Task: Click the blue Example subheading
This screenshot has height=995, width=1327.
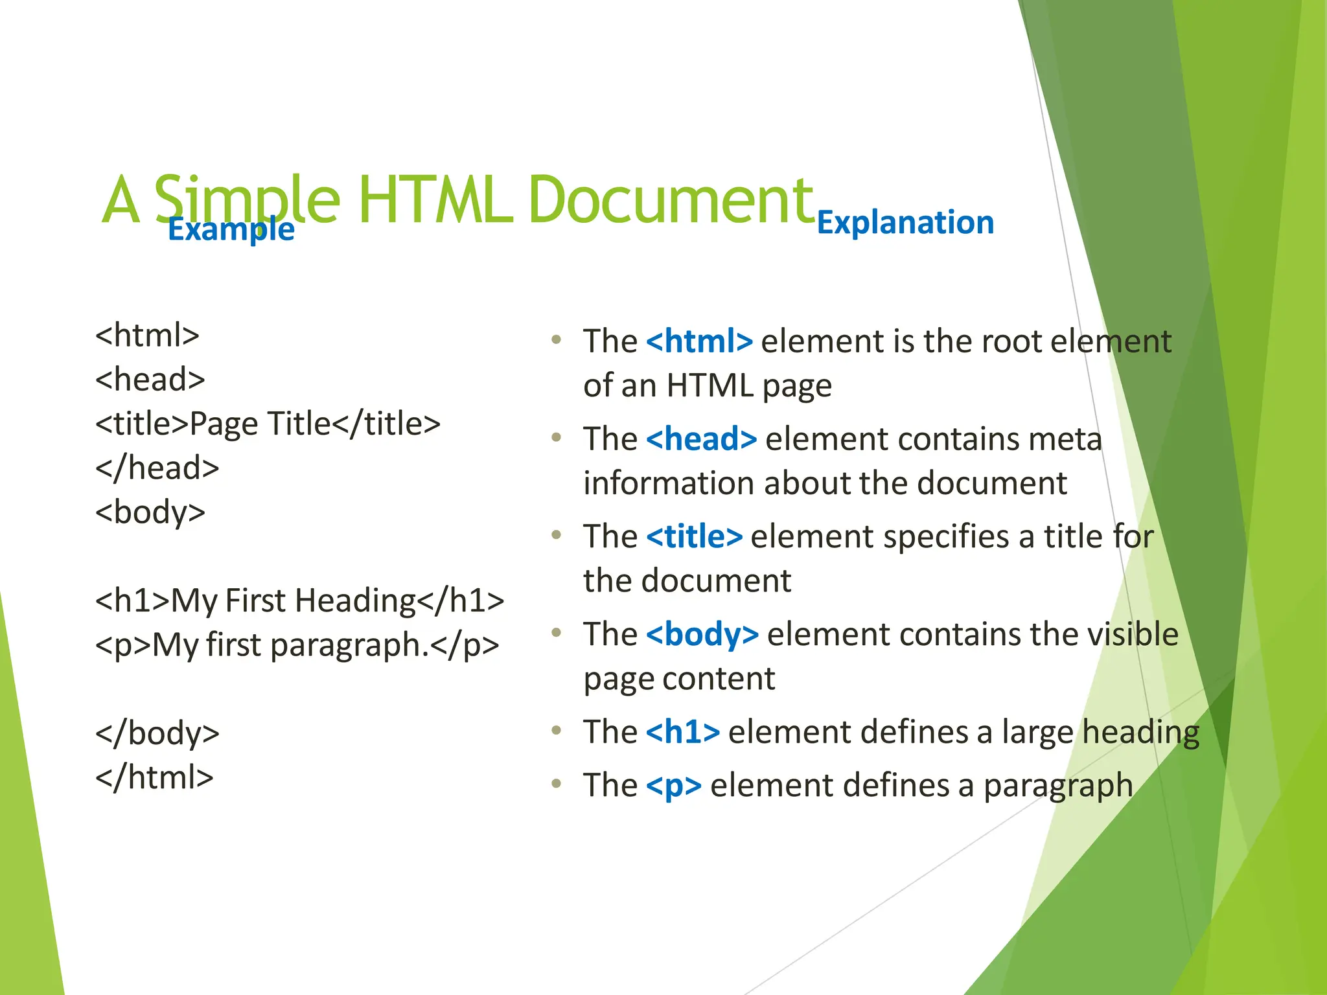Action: point(231,229)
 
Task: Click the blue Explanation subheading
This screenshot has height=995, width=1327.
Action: point(905,223)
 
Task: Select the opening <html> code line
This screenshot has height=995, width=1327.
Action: point(147,336)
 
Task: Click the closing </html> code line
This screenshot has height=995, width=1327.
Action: point(154,777)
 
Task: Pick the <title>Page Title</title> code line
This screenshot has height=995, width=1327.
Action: point(268,424)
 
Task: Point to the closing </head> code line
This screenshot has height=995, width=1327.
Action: point(157,468)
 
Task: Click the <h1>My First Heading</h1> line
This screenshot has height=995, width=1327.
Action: point(299,600)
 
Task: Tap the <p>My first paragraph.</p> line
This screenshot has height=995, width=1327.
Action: point(297,645)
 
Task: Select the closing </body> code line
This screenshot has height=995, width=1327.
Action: point(157,733)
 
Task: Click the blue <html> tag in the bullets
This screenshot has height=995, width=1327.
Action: point(699,341)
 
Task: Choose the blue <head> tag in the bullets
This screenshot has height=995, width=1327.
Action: point(701,439)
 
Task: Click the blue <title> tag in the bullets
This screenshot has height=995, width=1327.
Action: point(694,537)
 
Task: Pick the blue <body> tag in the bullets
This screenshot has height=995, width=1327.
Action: point(702,635)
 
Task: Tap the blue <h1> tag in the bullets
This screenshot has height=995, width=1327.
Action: point(683,732)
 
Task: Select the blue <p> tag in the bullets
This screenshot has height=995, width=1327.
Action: point(674,786)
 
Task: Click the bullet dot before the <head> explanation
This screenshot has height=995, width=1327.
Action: point(556,438)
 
